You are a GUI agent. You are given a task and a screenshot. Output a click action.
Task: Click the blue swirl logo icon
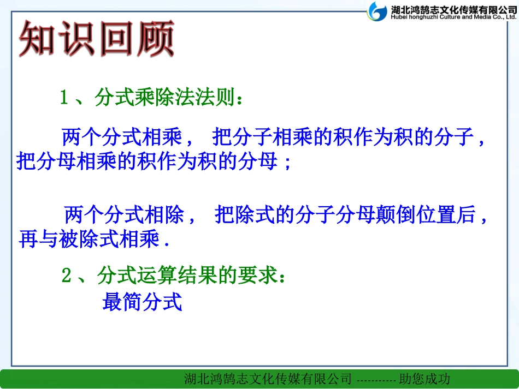[378, 11]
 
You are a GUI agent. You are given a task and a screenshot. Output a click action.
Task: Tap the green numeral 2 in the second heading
[66, 276]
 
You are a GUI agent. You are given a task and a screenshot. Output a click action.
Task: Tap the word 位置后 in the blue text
[447, 215]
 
